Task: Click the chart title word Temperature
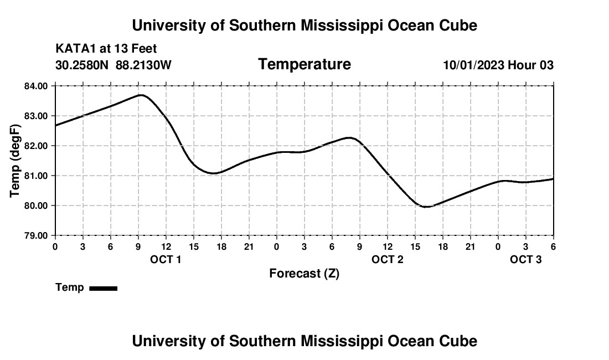304,64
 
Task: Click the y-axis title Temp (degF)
16,161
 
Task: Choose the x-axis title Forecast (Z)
304,273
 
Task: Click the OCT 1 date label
166,259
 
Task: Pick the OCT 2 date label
387,259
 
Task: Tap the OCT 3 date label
525,259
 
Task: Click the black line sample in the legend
103,288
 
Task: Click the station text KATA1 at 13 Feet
106,49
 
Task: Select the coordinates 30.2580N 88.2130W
113,65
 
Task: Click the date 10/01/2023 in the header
473,65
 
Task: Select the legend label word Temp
70,287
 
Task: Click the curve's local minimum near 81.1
214,173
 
